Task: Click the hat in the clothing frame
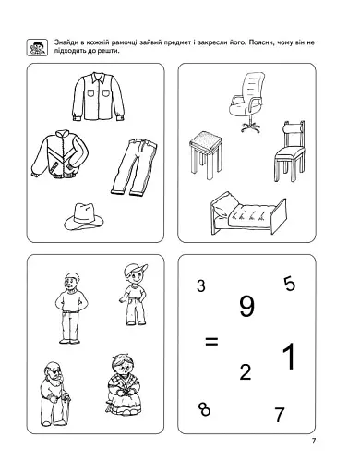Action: pyautogui.click(x=84, y=216)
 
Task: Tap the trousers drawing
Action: pyautogui.click(x=134, y=167)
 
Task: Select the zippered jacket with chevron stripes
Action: pyautogui.click(x=60, y=154)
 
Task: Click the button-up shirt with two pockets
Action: pyautogui.click(x=99, y=97)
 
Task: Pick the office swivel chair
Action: pyautogui.click(x=247, y=102)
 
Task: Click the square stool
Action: pyautogui.click(x=206, y=155)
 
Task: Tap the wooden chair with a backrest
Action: pyautogui.click(x=290, y=152)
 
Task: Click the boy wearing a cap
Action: pyautogui.click(x=134, y=295)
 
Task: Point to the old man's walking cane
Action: pyautogui.click(x=66, y=408)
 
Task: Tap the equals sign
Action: pyautogui.click(x=211, y=341)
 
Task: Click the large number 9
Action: pyautogui.click(x=246, y=306)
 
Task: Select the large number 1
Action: pyautogui.click(x=289, y=357)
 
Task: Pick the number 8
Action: pyautogui.click(x=205, y=409)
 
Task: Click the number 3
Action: pyautogui.click(x=201, y=285)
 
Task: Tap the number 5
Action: pyautogui.click(x=290, y=284)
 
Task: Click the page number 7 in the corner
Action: pyautogui.click(x=314, y=441)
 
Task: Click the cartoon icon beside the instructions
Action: pyautogui.click(x=37, y=48)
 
